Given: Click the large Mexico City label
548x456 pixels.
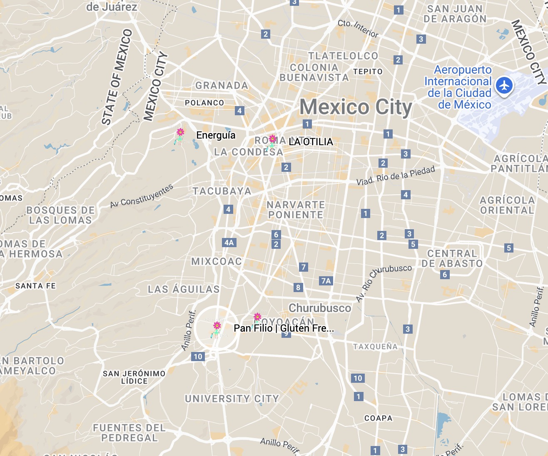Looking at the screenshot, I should (356, 107).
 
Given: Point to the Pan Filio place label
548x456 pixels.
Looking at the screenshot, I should (284, 328).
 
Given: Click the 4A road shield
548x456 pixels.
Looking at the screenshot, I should (229, 243).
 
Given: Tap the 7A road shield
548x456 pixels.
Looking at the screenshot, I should (326, 281).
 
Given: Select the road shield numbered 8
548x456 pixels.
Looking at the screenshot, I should (298, 287).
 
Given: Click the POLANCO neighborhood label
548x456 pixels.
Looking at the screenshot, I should (204, 103).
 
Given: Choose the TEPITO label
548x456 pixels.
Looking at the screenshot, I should (368, 72).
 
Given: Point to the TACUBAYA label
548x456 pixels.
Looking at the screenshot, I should (222, 191).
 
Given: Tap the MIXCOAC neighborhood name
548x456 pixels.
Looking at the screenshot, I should (217, 262).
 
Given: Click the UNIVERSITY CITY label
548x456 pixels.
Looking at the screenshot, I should (232, 399).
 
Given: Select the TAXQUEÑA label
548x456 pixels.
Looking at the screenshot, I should (375, 347).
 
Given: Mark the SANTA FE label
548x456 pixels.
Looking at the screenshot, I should (35, 286).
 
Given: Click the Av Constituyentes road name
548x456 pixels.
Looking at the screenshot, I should (142, 196).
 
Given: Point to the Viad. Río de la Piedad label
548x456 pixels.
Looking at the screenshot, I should (396, 176).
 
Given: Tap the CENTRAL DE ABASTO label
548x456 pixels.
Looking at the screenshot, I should (452, 258).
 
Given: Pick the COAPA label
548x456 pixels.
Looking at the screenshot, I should (378, 418).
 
